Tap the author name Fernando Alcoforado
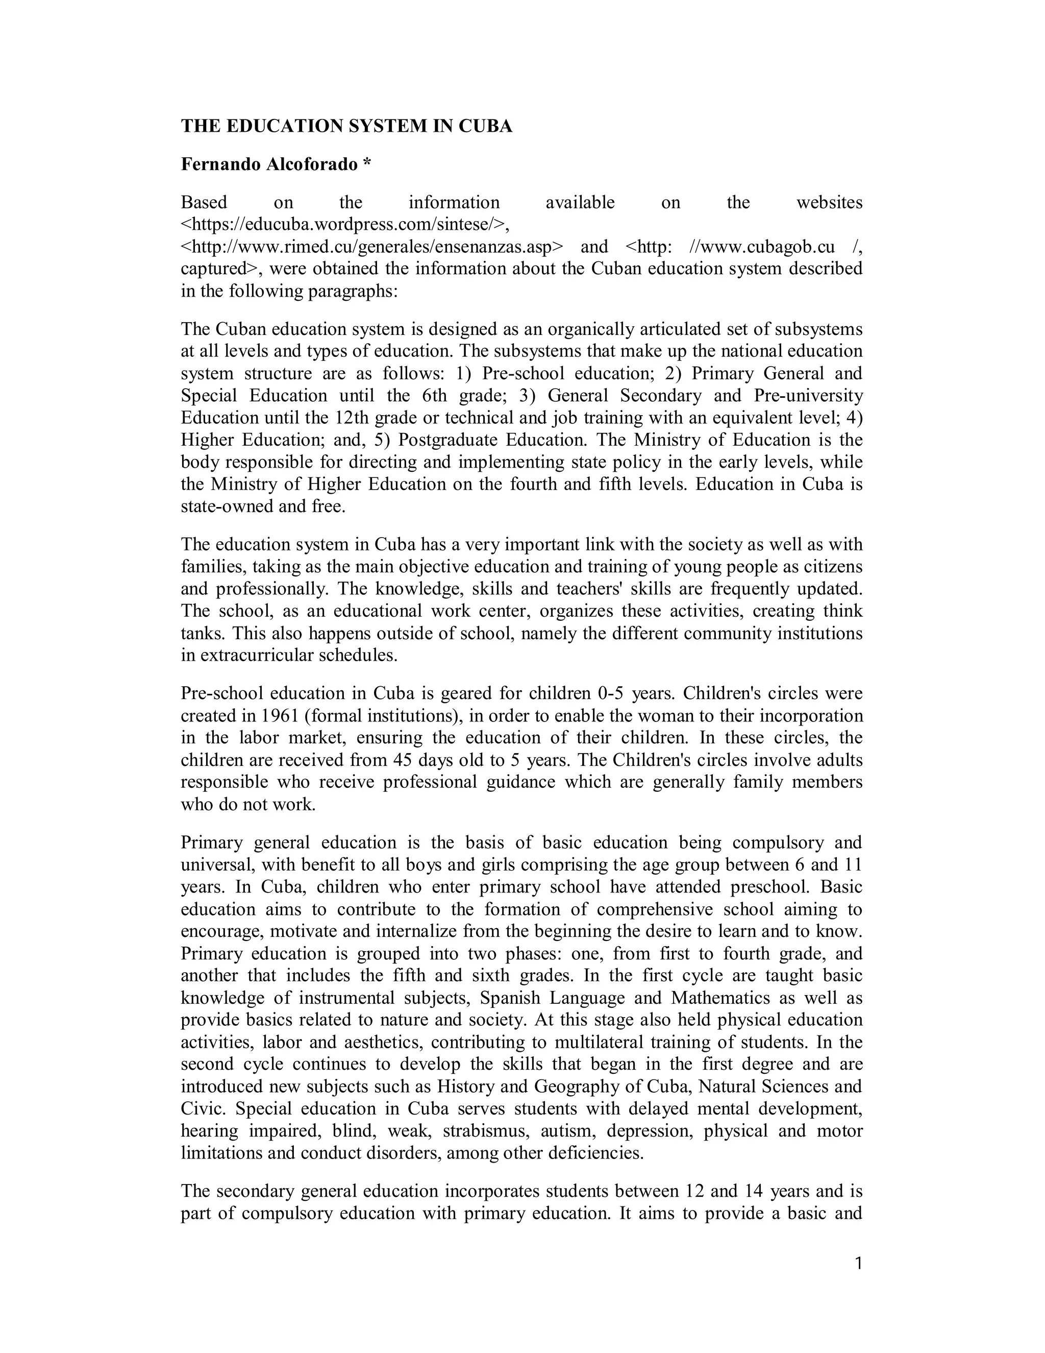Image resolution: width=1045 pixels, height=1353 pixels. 269,164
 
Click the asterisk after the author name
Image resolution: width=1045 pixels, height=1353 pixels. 367,163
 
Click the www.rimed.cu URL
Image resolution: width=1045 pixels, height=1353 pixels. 372,247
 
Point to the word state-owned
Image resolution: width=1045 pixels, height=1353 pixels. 228,507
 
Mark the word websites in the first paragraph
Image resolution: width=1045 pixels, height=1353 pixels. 828,202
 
